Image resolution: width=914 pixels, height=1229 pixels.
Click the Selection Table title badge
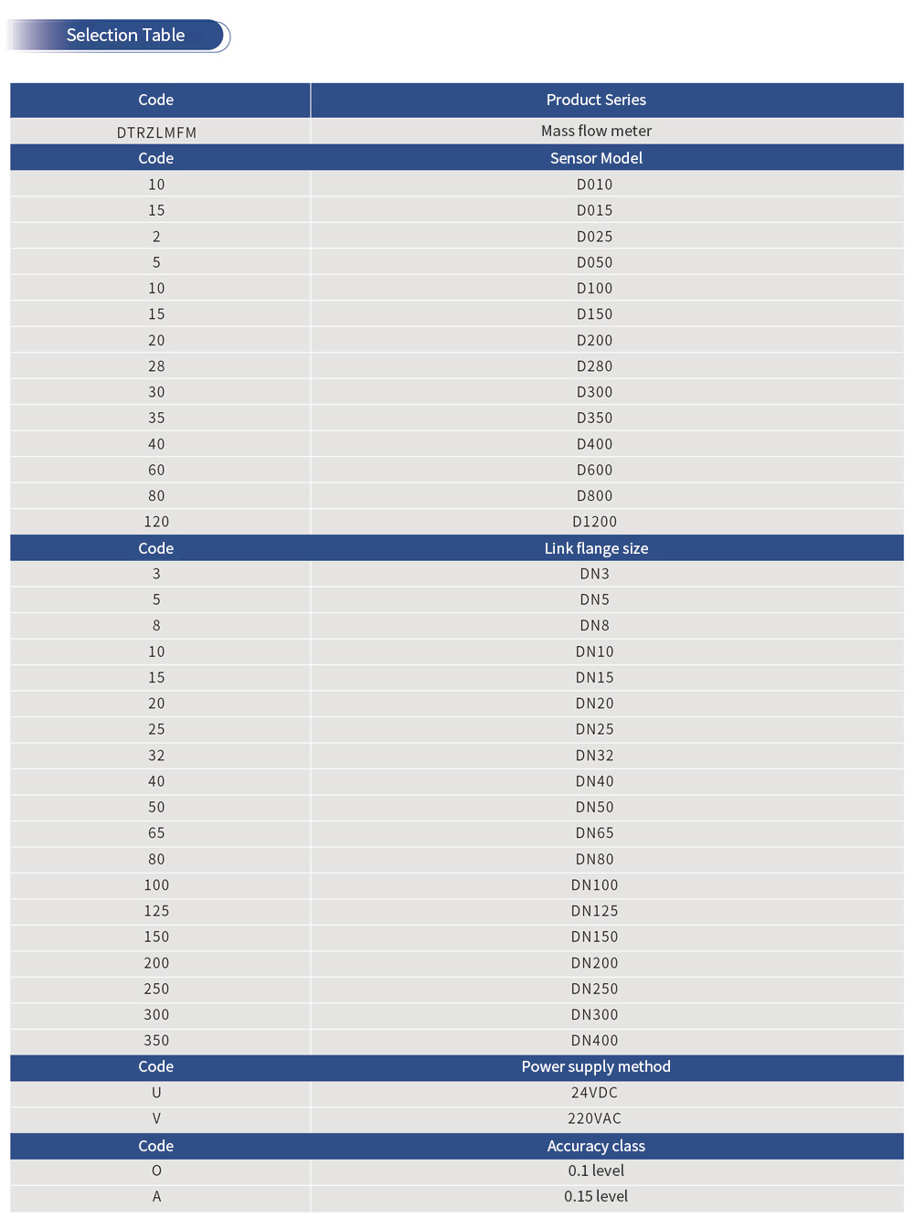coord(125,36)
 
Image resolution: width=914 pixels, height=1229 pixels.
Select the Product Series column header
coord(596,100)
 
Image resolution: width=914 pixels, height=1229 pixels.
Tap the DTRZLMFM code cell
coord(156,132)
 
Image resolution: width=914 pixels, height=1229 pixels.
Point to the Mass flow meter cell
coord(596,131)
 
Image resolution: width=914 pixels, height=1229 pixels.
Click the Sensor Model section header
coord(596,158)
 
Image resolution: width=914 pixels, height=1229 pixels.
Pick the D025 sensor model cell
coord(594,237)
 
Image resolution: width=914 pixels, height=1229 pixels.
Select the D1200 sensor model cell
coord(594,522)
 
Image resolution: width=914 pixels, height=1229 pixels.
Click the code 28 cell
coord(156,366)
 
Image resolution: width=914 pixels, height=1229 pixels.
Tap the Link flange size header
coord(596,548)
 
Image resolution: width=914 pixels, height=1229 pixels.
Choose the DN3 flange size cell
coord(594,574)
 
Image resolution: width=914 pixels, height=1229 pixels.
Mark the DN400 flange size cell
coord(594,1041)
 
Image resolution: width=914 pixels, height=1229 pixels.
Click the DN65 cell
coord(594,833)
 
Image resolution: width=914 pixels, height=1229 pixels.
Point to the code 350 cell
coord(156,1041)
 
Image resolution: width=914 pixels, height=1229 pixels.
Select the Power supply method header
coord(596,1066)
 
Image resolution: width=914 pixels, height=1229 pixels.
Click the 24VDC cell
coord(594,1093)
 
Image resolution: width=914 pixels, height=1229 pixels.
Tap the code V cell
coord(156,1118)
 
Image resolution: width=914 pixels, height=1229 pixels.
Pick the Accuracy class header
coord(596,1146)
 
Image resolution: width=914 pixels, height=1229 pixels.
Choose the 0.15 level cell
coord(596,1196)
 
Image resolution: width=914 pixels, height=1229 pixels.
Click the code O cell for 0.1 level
coord(156,1171)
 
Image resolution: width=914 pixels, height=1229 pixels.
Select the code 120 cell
coord(156,522)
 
